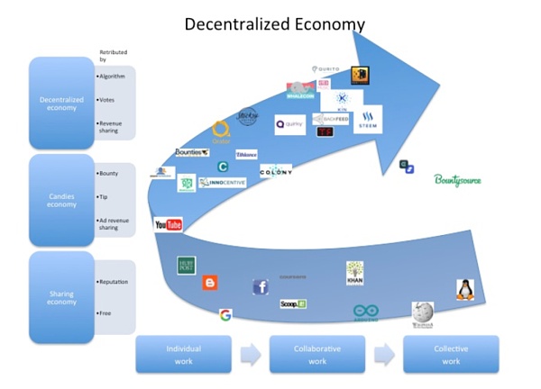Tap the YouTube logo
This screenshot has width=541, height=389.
(x=169, y=224)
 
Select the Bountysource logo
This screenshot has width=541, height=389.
(x=458, y=180)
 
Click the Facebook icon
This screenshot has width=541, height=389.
(x=261, y=287)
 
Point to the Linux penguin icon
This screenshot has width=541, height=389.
(x=465, y=290)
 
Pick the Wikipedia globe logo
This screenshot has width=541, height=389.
(x=422, y=313)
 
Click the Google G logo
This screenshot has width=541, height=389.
(x=225, y=314)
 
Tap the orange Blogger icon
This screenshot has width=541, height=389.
(x=210, y=283)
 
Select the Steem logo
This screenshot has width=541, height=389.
(x=368, y=119)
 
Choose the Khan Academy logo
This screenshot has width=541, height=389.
(x=355, y=273)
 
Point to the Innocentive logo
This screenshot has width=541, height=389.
(x=222, y=183)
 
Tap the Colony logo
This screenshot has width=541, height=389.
(x=276, y=171)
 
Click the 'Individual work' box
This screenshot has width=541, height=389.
(x=183, y=354)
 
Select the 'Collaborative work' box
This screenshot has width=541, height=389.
(x=316, y=354)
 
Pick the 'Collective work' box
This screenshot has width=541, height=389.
(x=451, y=354)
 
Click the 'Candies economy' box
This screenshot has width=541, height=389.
(x=61, y=200)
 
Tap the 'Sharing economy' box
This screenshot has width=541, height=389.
(x=61, y=298)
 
